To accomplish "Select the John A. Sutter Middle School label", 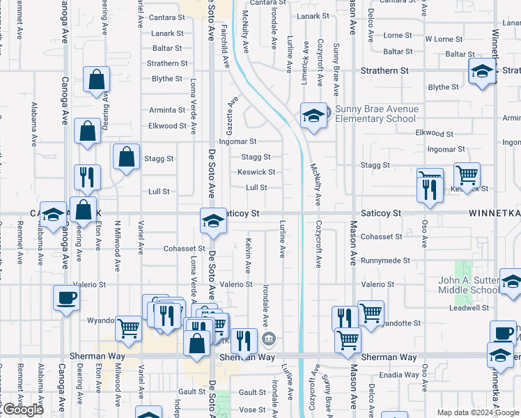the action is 468,286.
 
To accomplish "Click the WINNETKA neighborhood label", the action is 494,212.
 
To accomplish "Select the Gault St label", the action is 192,392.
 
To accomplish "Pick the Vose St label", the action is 253,410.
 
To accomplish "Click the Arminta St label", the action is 167,110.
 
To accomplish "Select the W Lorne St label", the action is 444,39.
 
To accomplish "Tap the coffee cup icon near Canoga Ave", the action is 66,297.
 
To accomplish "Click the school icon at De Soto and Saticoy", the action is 213,222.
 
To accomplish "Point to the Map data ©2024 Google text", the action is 477,412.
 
